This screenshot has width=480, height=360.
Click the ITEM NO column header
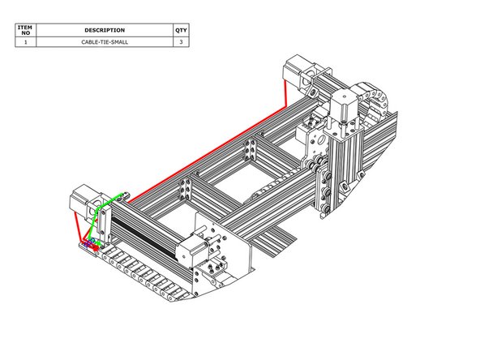pyautogui.click(x=26, y=30)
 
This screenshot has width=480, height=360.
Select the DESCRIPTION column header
pyautogui.click(x=105, y=30)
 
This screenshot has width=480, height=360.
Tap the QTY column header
pyautogui.click(x=180, y=30)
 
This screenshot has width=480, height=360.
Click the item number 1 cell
pyautogui.click(x=26, y=41)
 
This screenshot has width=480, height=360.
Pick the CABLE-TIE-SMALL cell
pyautogui.click(x=105, y=41)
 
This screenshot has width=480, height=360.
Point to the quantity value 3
pyautogui.click(x=180, y=41)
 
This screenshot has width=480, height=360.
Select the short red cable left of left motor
pyautogui.click(x=75, y=223)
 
